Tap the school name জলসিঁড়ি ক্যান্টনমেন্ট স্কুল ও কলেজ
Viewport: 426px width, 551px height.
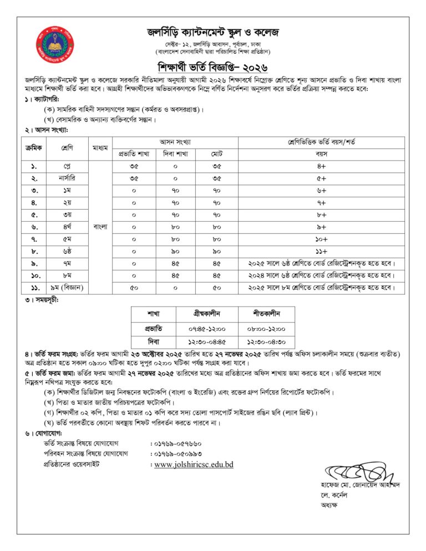click(214, 33)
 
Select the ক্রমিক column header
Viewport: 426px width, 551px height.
click(32, 148)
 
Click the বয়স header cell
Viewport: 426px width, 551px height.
click(321, 154)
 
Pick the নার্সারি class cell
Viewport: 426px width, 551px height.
click(68, 178)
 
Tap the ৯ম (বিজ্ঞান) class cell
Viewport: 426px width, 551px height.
click(68, 287)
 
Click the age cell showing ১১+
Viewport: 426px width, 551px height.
click(321, 251)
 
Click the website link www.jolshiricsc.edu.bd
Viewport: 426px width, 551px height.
click(194, 465)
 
